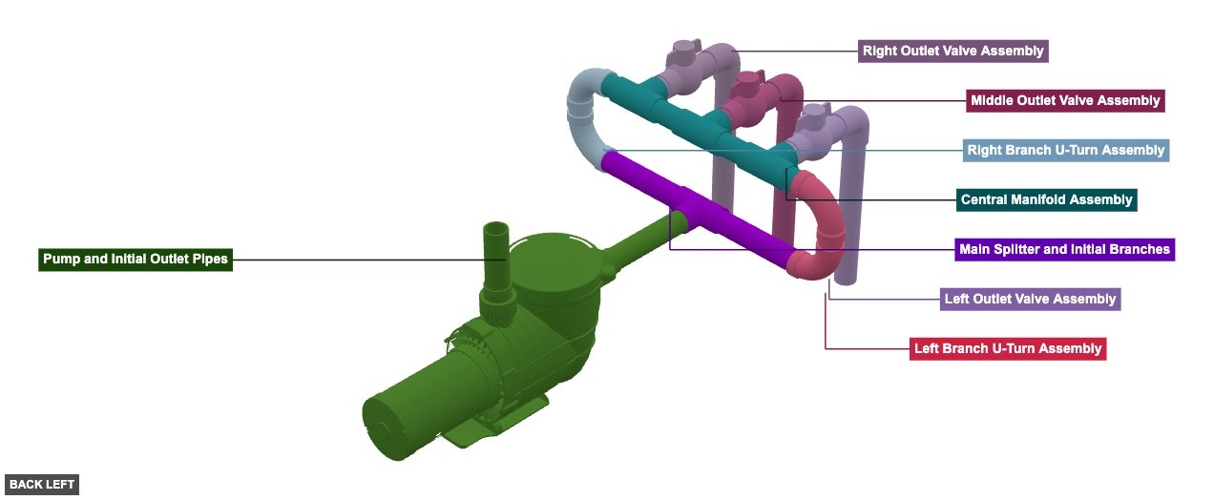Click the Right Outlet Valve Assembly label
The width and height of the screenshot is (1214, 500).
coord(953,51)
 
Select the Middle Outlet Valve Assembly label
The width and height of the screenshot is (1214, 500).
coord(1063,100)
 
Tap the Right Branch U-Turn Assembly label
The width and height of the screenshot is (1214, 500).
coord(1065,150)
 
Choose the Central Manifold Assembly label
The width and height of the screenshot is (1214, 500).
coord(1046,199)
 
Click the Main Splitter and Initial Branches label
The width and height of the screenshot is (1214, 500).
coord(1064,249)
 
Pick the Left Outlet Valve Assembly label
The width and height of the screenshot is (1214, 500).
coord(1029,299)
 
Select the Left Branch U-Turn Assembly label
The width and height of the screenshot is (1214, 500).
coord(1007,348)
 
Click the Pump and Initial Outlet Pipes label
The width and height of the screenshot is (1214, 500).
coord(136,259)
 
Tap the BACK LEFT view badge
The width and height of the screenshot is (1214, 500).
coord(42,485)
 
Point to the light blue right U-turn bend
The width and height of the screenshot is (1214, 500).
coord(585,110)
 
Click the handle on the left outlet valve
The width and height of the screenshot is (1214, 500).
coord(809,114)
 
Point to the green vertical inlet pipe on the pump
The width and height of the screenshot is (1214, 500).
coord(496,253)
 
